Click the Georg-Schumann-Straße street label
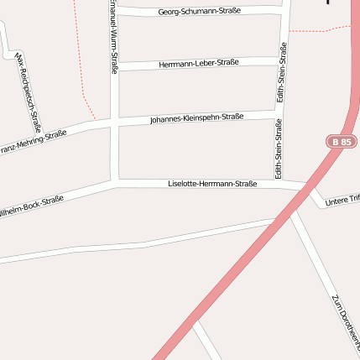[200, 11]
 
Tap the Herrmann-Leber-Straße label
[199, 63]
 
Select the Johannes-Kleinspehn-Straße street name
[196, 118]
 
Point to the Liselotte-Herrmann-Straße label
[212, 183]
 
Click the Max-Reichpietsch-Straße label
[29, 93]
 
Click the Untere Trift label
[342, 200]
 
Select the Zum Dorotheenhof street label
[344, 324]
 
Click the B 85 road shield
[342, 142]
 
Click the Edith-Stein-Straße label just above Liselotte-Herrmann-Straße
[278, 148]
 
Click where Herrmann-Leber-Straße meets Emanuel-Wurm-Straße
[114, 66]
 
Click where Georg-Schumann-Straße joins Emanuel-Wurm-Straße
[114, 11]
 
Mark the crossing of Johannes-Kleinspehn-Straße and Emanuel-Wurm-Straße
[114, 123]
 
